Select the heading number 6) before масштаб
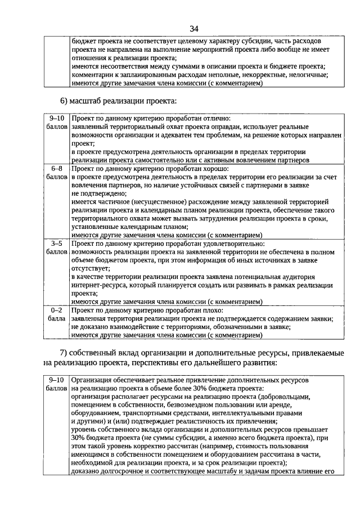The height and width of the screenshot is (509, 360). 64,101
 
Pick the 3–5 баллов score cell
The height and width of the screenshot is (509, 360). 56,248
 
